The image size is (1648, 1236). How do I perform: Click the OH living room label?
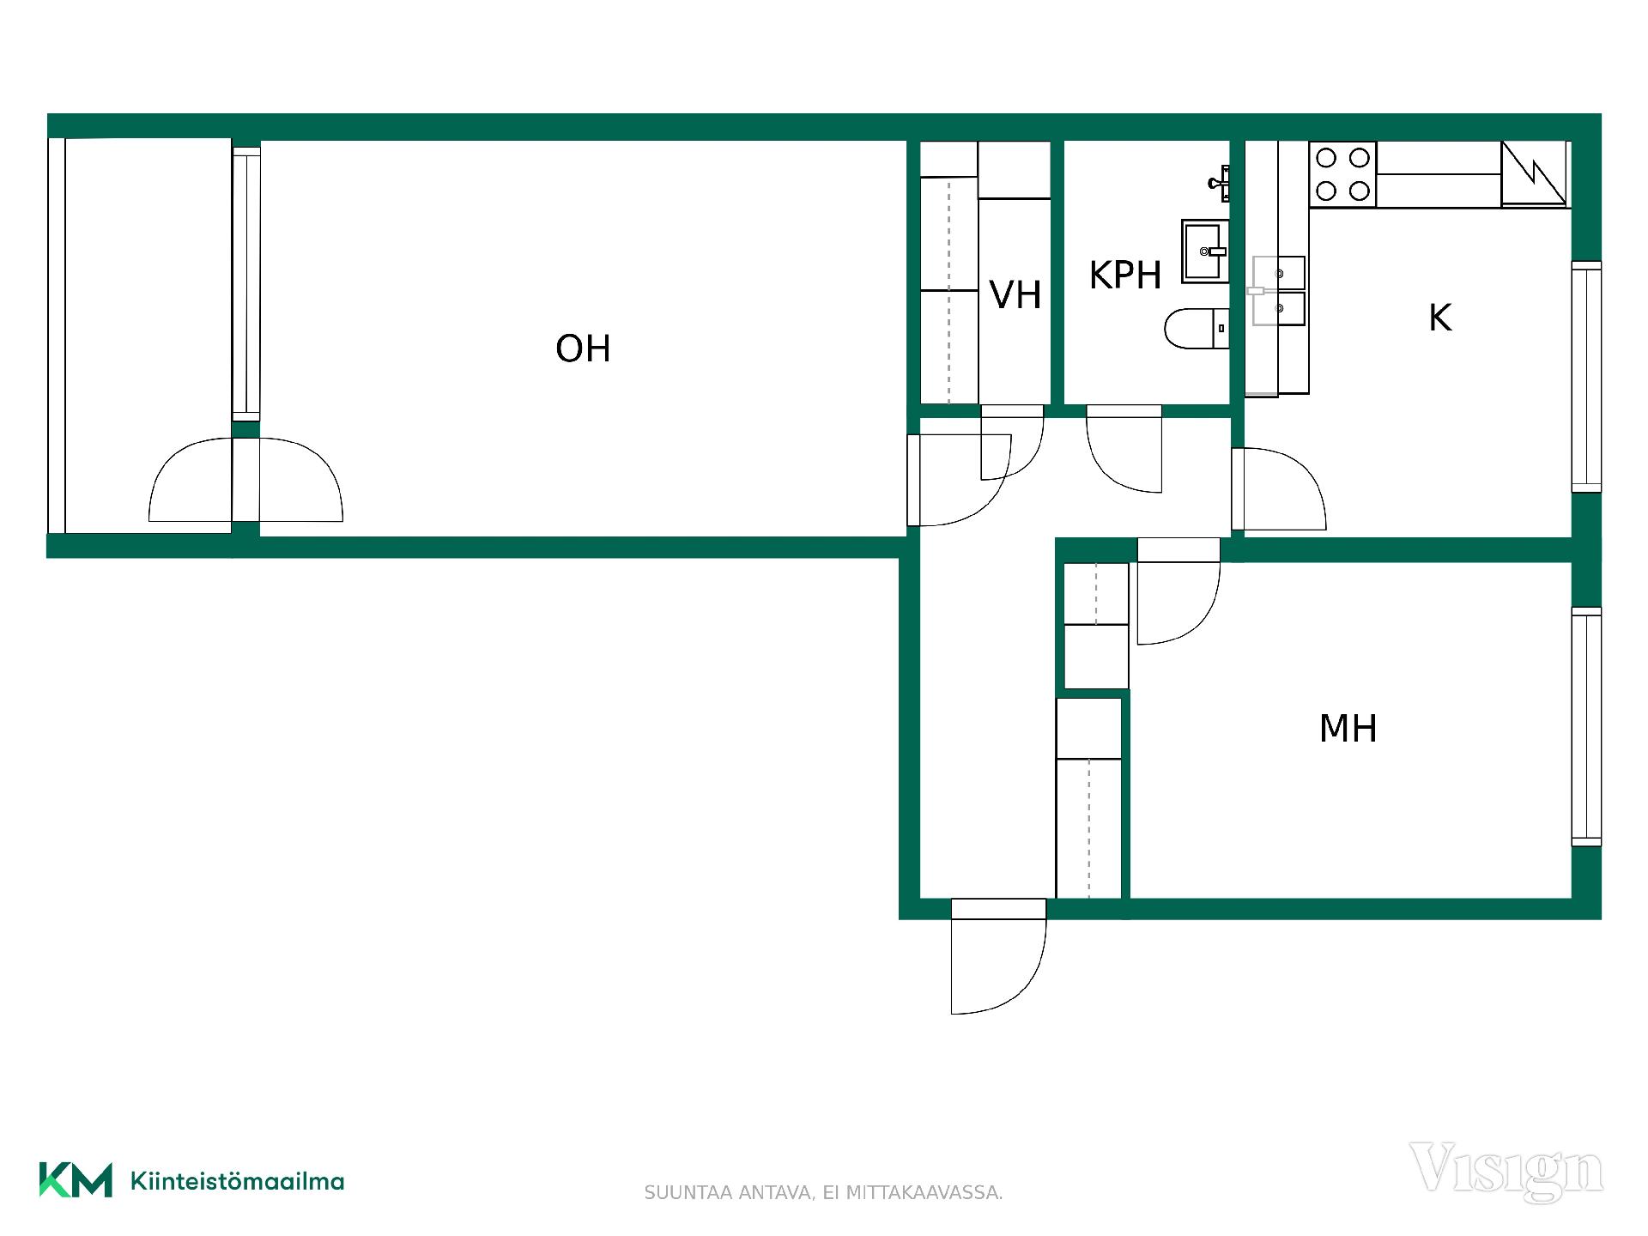(583, 348)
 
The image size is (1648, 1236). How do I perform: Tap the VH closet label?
(1015, 294)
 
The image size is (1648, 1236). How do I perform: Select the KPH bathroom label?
(1124, 276)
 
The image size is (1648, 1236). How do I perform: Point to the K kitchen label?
(1439, 318)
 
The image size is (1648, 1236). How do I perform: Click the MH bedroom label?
(1348, 728)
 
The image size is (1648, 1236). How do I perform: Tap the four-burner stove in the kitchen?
(1342, 174)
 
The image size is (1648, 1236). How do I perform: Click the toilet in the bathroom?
(1197, 328)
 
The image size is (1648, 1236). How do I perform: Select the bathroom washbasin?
(1205, 251)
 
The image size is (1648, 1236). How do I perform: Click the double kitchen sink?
(1278, 291)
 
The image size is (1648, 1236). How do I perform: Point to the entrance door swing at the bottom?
(998, 956)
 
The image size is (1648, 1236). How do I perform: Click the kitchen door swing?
(1279, 488)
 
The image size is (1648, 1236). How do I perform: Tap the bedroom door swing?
(1178, 591)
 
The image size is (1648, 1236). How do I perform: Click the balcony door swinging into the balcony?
(191, 480)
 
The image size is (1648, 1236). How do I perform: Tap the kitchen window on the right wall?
(1586, 377)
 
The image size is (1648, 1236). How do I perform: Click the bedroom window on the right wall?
(1586, 727)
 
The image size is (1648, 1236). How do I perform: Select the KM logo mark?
(76, 1180)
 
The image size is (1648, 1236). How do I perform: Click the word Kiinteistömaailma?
(237, 1181)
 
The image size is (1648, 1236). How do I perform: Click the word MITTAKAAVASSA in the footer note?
(924, 1193)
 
